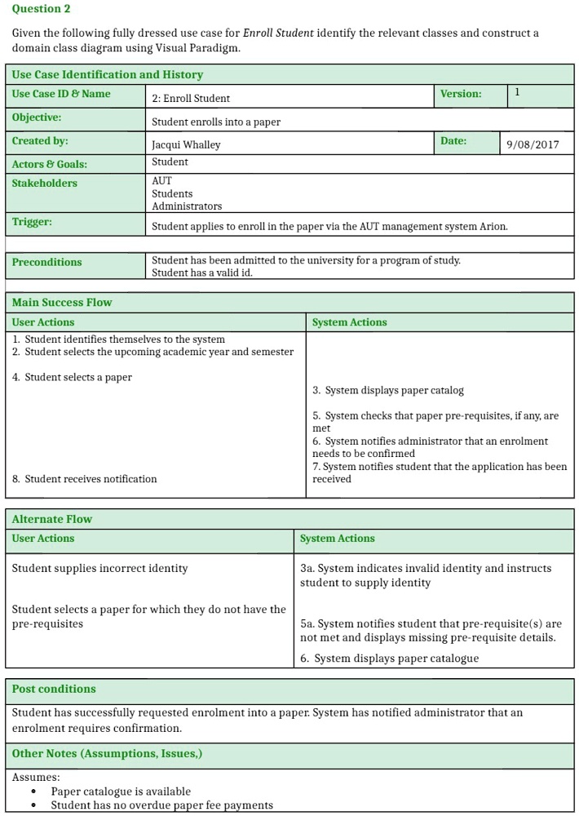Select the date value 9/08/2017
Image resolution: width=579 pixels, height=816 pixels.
[533, 144]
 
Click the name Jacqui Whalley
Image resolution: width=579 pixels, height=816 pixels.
[186, 144]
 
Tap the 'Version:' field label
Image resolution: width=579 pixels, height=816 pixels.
[461, 94]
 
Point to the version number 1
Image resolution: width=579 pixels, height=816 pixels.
[517, 93]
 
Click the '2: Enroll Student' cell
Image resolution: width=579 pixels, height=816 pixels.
[191, 99]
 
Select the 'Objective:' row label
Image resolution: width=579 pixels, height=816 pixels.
[37, 118]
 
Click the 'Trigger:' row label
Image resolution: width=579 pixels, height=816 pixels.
[32, 222]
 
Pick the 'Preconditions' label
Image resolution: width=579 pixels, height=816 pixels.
[46, 262]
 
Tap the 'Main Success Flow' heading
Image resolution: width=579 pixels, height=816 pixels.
[62, 303]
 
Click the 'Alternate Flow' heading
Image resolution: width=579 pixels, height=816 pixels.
[52, 519]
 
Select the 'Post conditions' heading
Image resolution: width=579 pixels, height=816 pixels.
[54, 690]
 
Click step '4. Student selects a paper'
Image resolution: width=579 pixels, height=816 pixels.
[72, 377]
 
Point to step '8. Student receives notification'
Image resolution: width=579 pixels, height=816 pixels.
[85, 479]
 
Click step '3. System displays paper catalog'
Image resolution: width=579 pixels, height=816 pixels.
[388, 390]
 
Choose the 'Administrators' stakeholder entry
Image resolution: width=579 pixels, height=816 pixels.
[187, 206]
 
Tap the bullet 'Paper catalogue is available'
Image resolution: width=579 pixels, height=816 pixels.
[121, 792]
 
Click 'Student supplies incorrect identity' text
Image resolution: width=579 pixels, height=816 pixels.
[99, 568]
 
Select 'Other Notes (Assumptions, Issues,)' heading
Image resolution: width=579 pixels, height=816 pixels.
[107, 754]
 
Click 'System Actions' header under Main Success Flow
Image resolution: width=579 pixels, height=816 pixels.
[350, 322]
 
